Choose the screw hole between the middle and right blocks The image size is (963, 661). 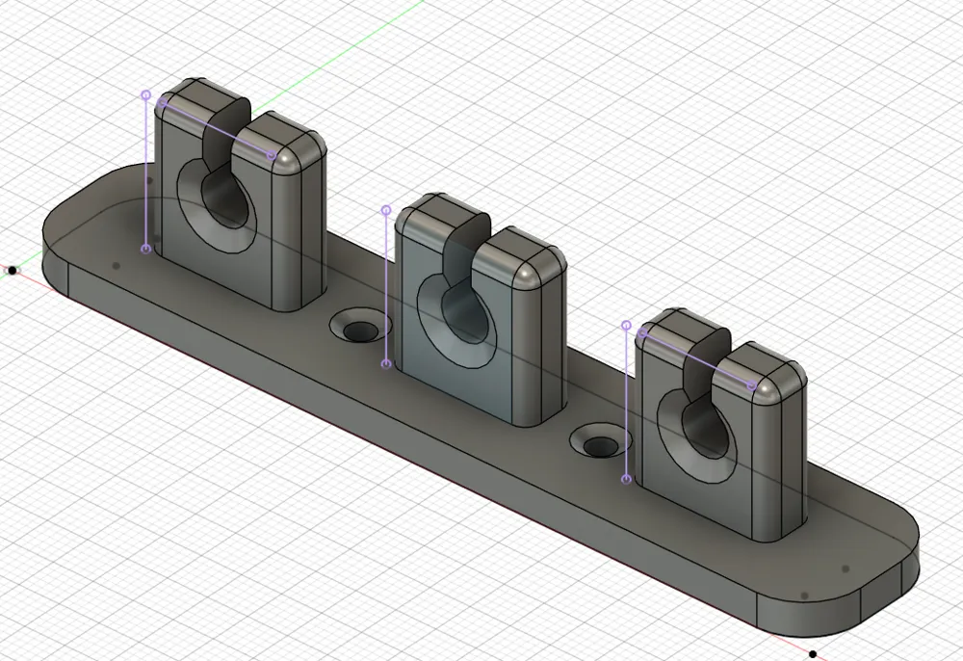pyautogui.click(x=601, y=446)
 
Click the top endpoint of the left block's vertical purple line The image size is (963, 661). pyautogui.click(x=146, y=95)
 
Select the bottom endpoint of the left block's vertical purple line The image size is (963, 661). pyautogui.click(x=146, y=249)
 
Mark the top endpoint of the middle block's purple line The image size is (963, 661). pyautogui.click(x=386, y=209)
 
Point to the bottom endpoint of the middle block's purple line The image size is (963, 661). pyautogui.click(x=386, y=364)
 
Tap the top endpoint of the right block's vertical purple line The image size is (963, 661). pyautogui.click(x=627, y=327)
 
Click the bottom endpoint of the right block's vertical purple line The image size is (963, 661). pyautogui.click(x=627, y=479)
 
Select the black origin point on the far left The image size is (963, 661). pyautogui.click(x=13, y=271)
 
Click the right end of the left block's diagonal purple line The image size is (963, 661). pyautogui.click(x=272, y=155)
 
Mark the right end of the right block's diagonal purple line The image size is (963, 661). pyautogui.click(x=752, y=385)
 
